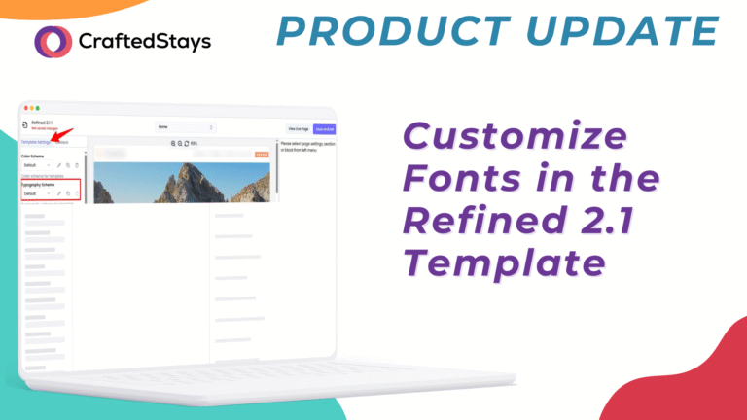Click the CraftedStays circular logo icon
(53, 41)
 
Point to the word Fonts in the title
(458, 181)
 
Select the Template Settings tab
(37, 142)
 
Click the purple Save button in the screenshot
(324, 128)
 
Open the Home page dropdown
(185, 127)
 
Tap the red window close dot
(24, 108)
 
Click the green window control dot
(38, 108)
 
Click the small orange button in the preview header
(261, 154)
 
